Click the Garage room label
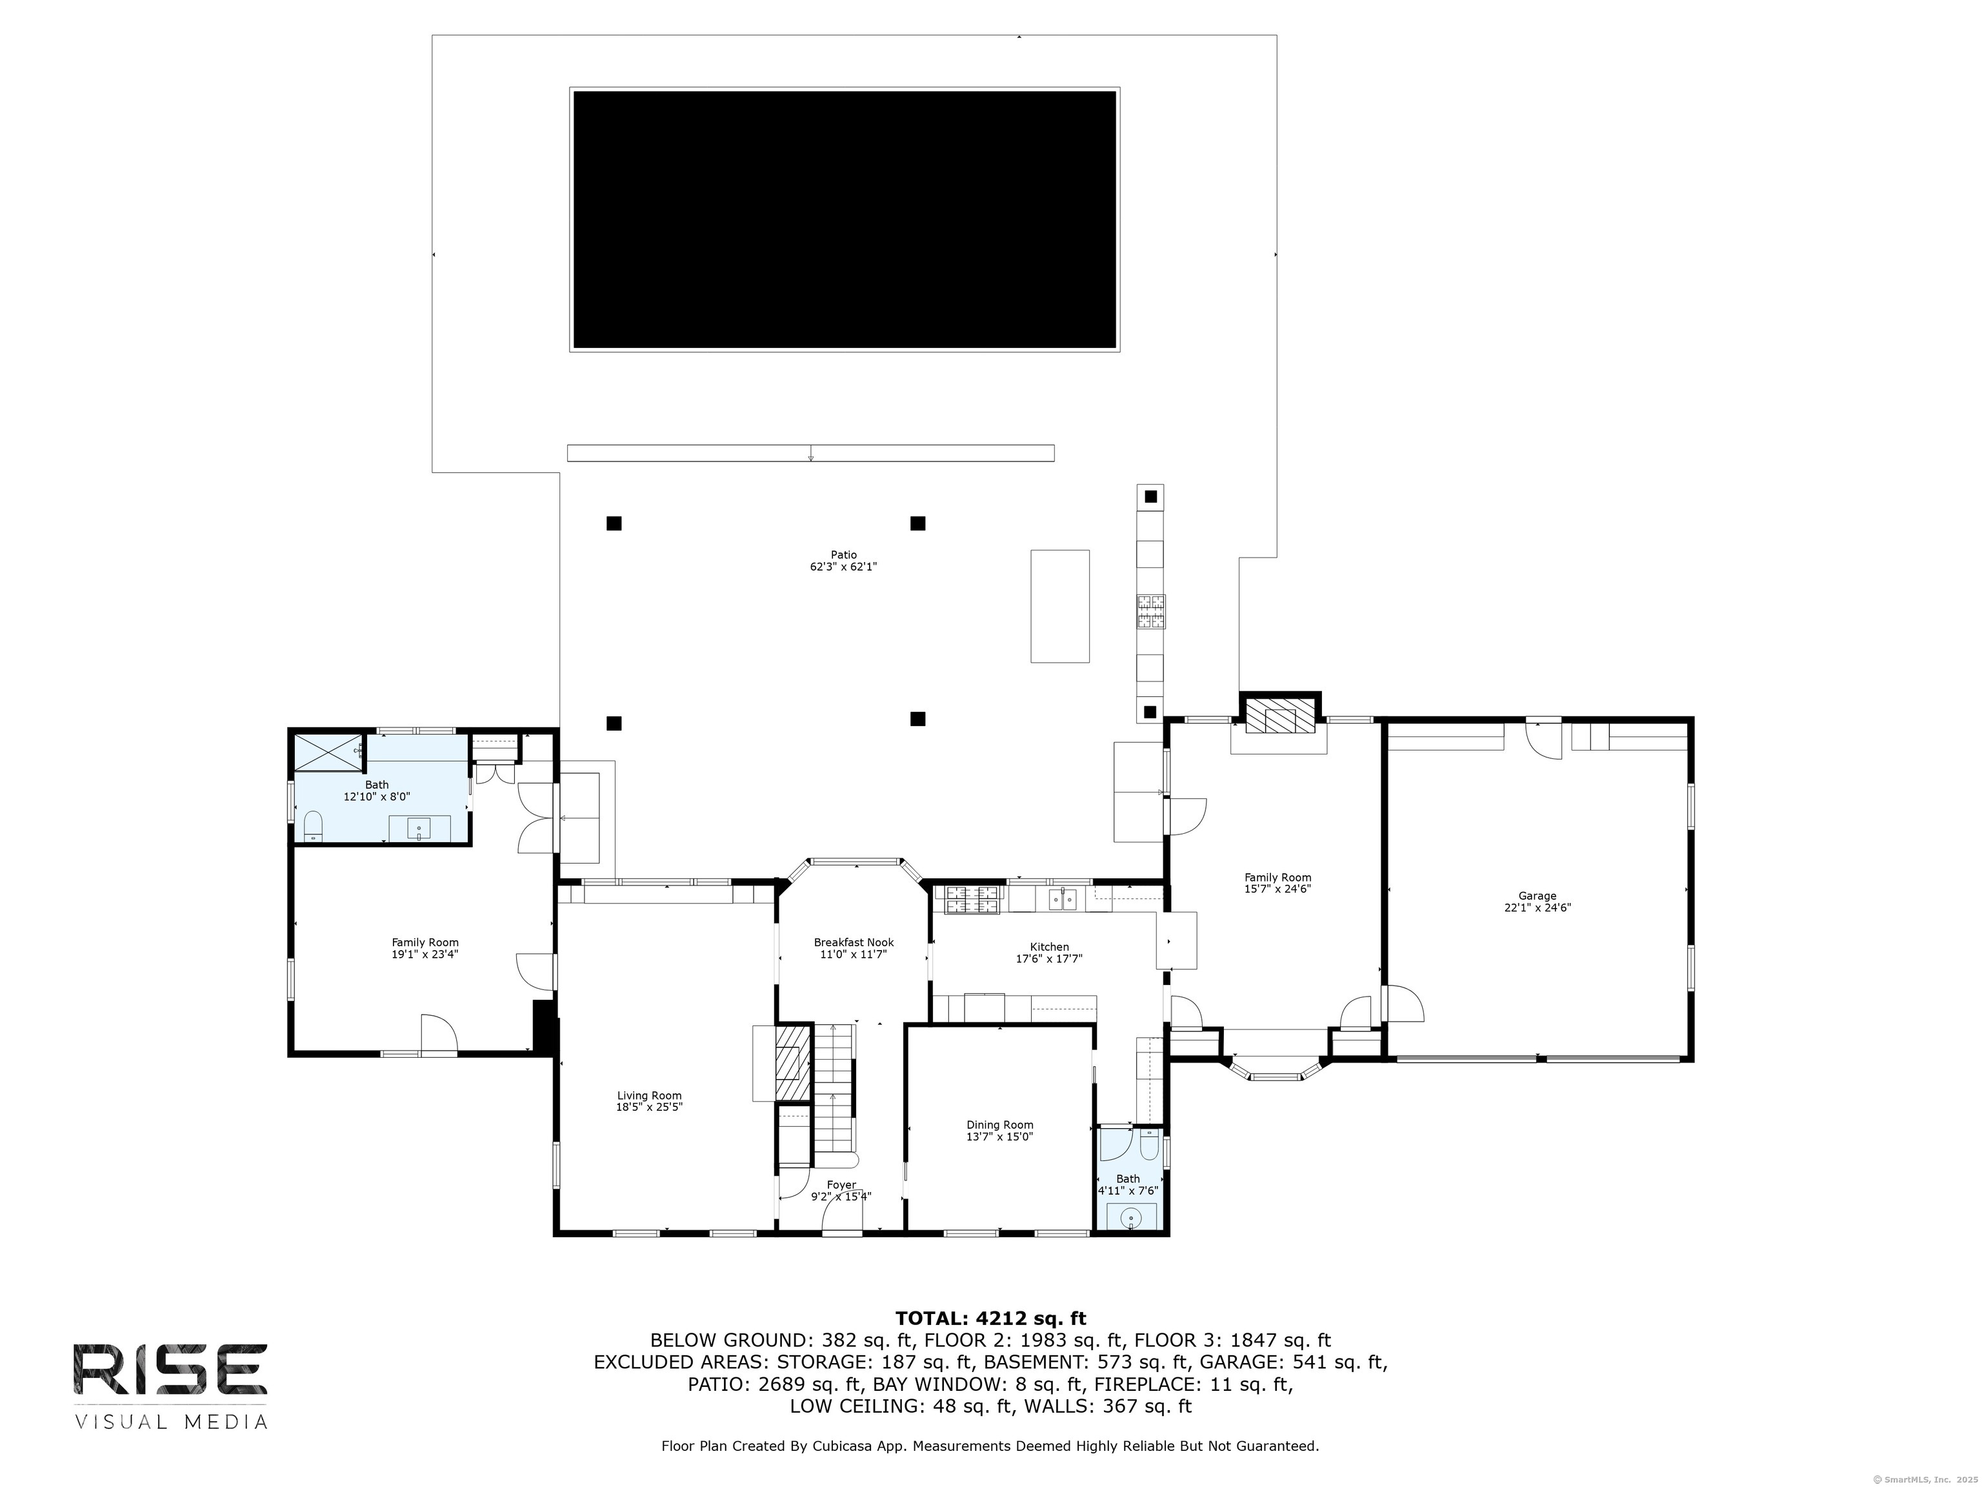click(x=1537, y=895)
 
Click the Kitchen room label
click(x=1049, y=947)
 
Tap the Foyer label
click(x=841, y=1185)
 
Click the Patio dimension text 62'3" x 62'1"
click(x=843, y=567)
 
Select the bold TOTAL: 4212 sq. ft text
click(x=990, y=1318)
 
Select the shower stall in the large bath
click(x=327, y=751)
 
